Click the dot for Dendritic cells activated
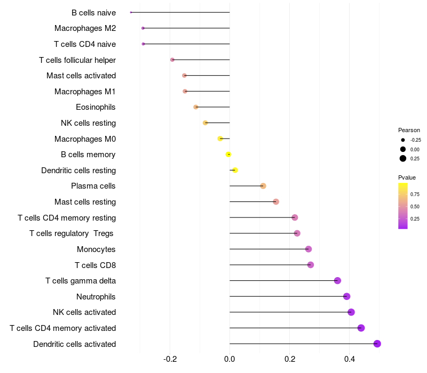pos(377,344)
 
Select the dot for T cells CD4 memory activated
pos(361,328)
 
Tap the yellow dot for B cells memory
pos(228,155)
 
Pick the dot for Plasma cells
pos(263,186)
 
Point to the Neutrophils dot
pos(347,296)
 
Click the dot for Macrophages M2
pos(143,28)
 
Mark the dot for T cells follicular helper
pos(172,60)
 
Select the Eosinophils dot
pos(196,107)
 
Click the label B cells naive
pos(93,12)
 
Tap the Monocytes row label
pos(96,249)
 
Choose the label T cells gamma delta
pos(81,281)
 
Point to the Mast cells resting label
pos(85,202)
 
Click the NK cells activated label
pos(84,312)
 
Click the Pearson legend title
pos(409,130)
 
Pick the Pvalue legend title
pos(407,177)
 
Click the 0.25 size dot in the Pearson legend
pos(403,158)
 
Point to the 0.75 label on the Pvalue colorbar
pos(415,194)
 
